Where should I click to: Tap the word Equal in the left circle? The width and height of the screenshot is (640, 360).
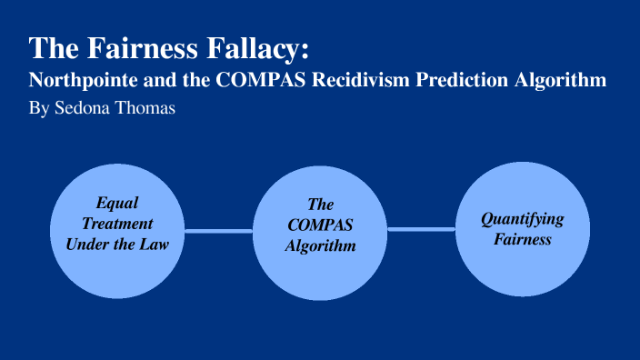pyautogui.click(x=117, y=204)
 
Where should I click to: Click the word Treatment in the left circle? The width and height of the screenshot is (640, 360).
pyautogui.click(x=117, y=223)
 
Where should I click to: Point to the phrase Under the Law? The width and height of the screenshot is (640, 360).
pyautogui.click(x=117, y=243)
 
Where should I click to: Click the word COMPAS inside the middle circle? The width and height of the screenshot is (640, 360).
pyautogui.click(x=320, y=225)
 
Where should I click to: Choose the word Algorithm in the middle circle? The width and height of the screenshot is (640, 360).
pyautogui.click(x=320, y=245)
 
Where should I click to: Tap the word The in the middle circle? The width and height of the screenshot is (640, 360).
pyautogui.click(x=320, y=205)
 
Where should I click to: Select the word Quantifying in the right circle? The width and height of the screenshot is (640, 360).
pyautogui.click(x=523, y=219)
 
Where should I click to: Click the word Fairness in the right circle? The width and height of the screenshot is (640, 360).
pyautogui.click(x=523, y=239)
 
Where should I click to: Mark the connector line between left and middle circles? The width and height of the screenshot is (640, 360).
pyautogui.click(x=218, y=231)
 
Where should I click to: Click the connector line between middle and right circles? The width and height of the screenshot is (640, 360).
pyautogui.click(x=421, y=229)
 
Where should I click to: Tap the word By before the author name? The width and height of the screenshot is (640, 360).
pyautogui.click(x=39, y=107)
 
